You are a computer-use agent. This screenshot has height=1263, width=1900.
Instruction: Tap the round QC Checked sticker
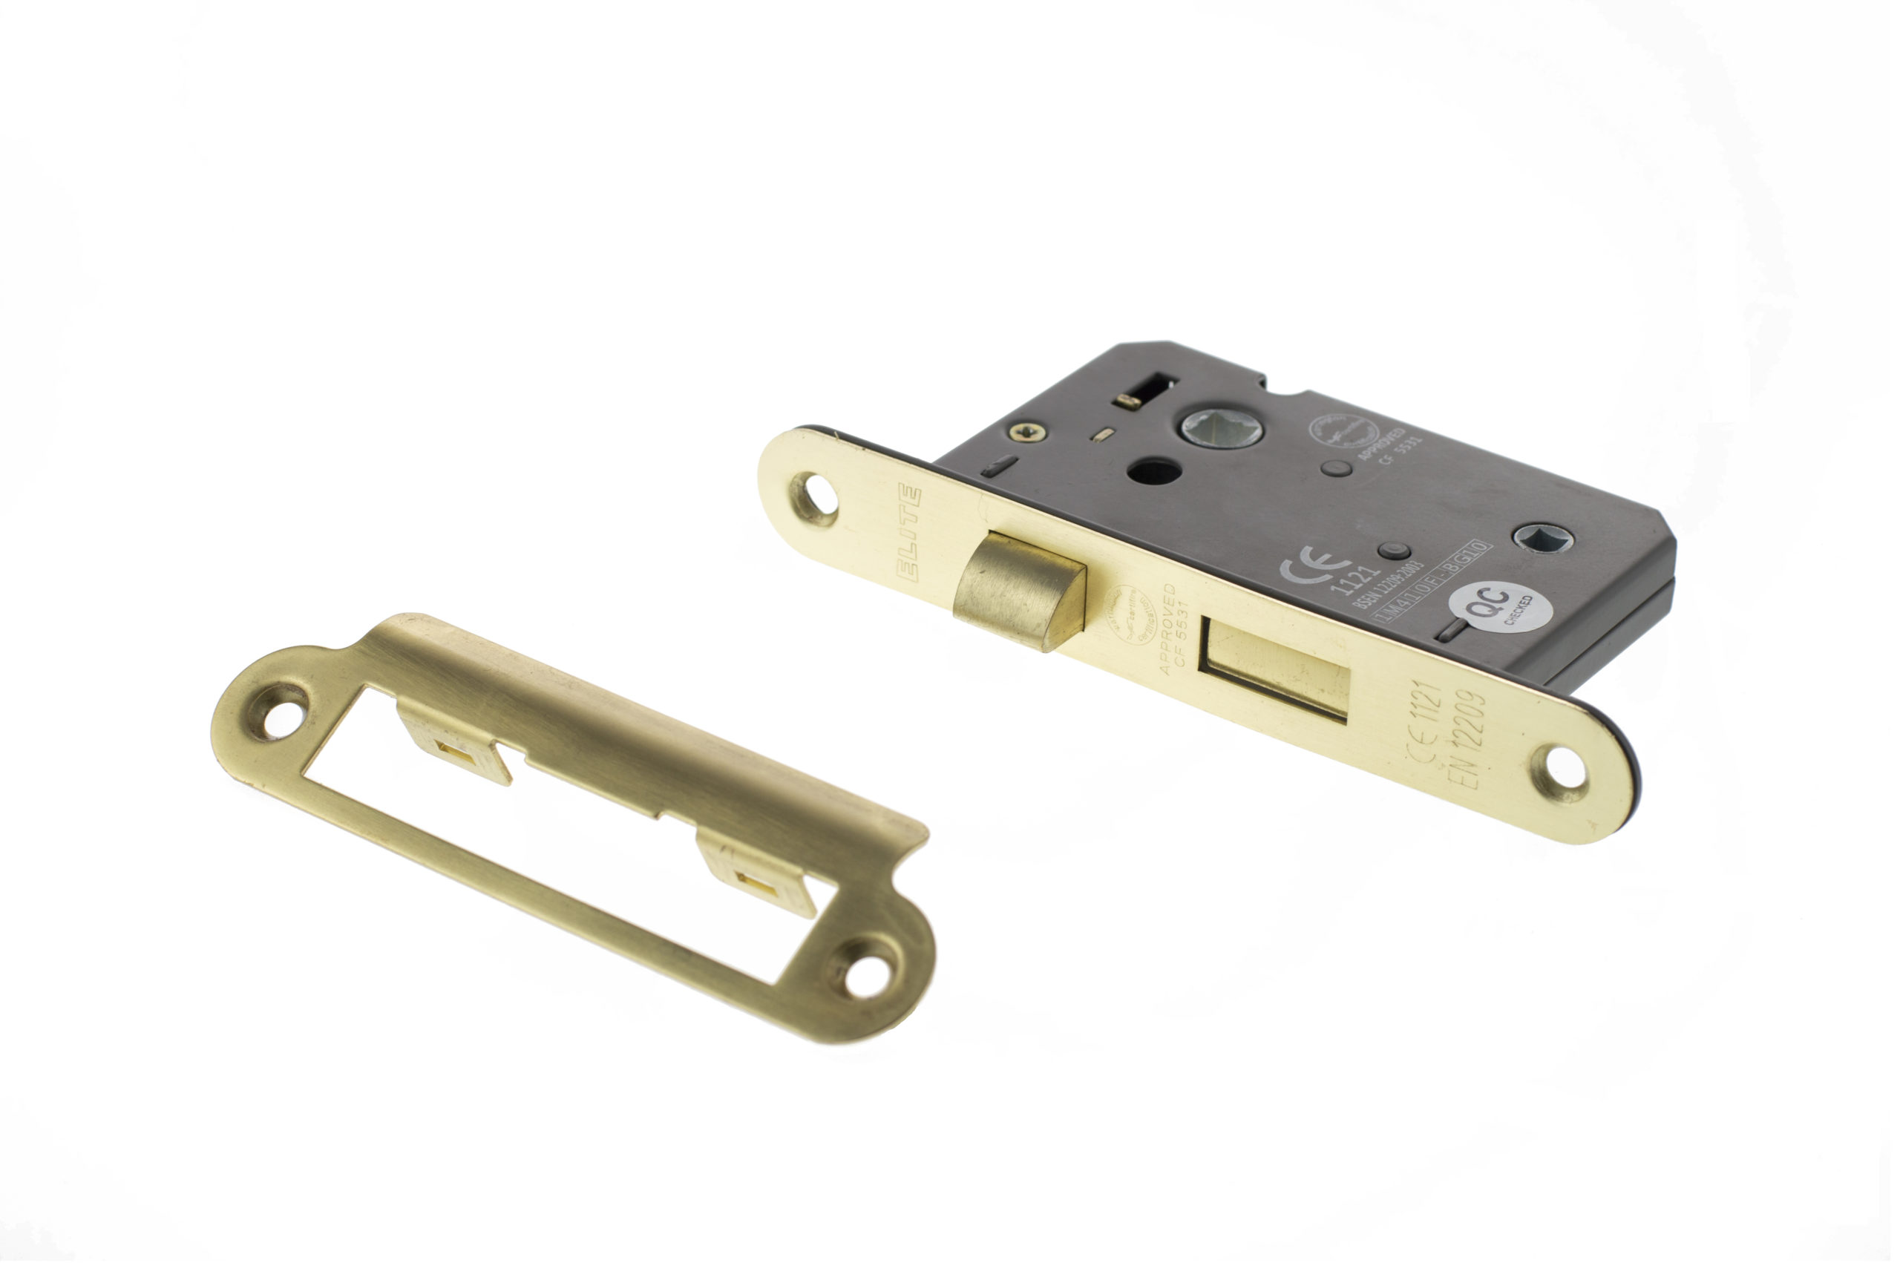click(x=1500, y=606)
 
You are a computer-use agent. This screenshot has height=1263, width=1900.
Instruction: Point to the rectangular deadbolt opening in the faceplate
click(x=1275, y=668)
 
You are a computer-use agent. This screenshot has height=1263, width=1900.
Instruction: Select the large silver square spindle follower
click(x=1221, y=427)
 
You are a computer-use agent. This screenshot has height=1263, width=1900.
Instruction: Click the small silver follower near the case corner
click(x=1542, y=538)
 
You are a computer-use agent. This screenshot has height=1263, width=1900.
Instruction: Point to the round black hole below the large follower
click(x=1153, y=471)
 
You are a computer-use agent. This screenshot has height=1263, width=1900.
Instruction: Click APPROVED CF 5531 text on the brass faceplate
click(x=1173, y=628)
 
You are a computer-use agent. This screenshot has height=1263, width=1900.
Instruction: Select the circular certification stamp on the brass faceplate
click(x=1130, y=614)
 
